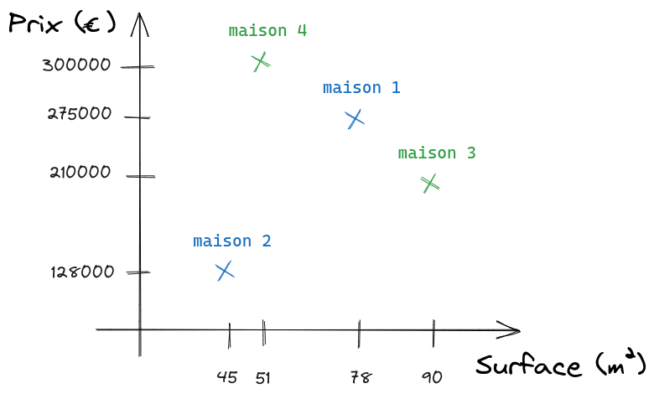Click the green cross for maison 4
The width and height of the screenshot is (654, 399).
(261, 62)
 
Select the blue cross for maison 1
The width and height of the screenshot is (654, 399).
(355, 119)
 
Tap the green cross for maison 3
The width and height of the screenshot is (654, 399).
(430, 184)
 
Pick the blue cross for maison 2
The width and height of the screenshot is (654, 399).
(225, 271)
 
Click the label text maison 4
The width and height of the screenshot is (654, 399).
(267, 31)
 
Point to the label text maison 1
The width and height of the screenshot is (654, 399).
(361, 87)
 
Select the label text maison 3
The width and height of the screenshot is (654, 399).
(437, 153)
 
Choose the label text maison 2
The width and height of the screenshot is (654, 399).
(232, 241)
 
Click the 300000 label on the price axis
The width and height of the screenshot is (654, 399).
(77, 65)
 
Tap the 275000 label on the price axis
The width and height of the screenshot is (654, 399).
(80, 113)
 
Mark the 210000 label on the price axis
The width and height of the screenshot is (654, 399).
(80, 172)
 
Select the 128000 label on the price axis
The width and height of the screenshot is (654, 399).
(82, 272)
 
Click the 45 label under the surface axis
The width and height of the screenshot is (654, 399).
(227, 377)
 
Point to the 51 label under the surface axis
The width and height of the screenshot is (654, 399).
(262, 378)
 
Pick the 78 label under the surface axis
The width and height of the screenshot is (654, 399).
(361, 378)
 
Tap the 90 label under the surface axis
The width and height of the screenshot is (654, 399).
(432, 378)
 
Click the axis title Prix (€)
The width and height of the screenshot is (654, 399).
(62, 23)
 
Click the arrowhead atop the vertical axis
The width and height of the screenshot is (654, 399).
(140, 24)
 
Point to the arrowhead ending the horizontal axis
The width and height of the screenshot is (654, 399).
(509, 330)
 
